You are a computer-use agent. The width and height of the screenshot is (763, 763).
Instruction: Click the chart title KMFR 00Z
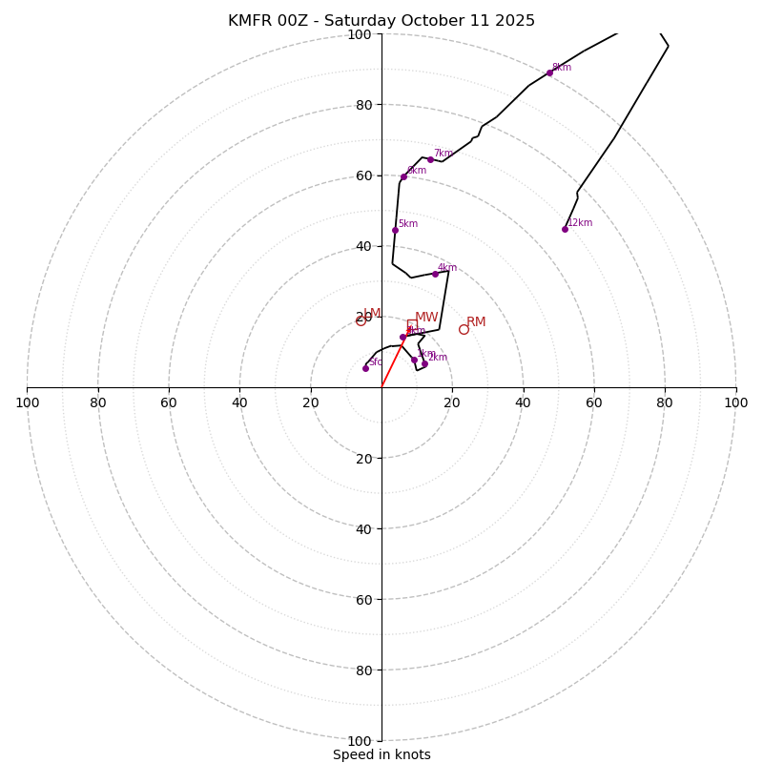pyautogui.click(x=381, y=21)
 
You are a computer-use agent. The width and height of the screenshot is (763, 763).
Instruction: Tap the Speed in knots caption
pyautogui.click(x=381, y=754)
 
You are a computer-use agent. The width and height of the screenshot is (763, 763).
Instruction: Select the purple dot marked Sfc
pyautogui.click(x=365, y=368)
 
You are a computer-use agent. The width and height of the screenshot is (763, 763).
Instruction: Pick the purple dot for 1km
pyautogui.click(x=414, y=360)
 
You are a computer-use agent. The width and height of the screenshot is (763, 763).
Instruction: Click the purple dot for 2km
pyautogui.click(x=424, y=363)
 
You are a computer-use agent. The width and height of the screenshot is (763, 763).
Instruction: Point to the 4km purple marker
pyautogui.click(x=435, y=274)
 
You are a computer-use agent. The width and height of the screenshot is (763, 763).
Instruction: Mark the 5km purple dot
pyautogui.click(x=395, y=230)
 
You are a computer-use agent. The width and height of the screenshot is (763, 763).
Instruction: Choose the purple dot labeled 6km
pyautogui.click(x=403, y=176)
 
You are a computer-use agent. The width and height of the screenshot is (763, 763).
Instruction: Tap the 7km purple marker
pyautogui.click(x=430, y=159)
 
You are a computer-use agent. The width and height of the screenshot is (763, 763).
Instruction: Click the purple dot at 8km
pyautogui.click(x=549, y=72)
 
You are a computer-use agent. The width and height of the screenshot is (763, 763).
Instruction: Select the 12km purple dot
pyautogui.click(x=565, y=229)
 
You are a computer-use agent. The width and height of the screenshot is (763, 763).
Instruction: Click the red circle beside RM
pyautogui.click(x=464, y=329)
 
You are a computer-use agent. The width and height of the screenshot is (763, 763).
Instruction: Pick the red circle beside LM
pyautogui.click(x=361, y=320)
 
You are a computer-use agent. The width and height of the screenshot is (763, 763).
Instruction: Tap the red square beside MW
pyautogui.click(x=411, y=323)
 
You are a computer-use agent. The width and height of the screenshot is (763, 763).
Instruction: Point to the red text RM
pyautogui.click(x=476, y=322)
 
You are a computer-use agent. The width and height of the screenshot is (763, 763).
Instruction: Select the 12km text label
pyautogui.click(x=580, y=223)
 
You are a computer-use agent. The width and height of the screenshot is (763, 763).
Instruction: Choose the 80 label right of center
pyautogui.click(x=665, y=402)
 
